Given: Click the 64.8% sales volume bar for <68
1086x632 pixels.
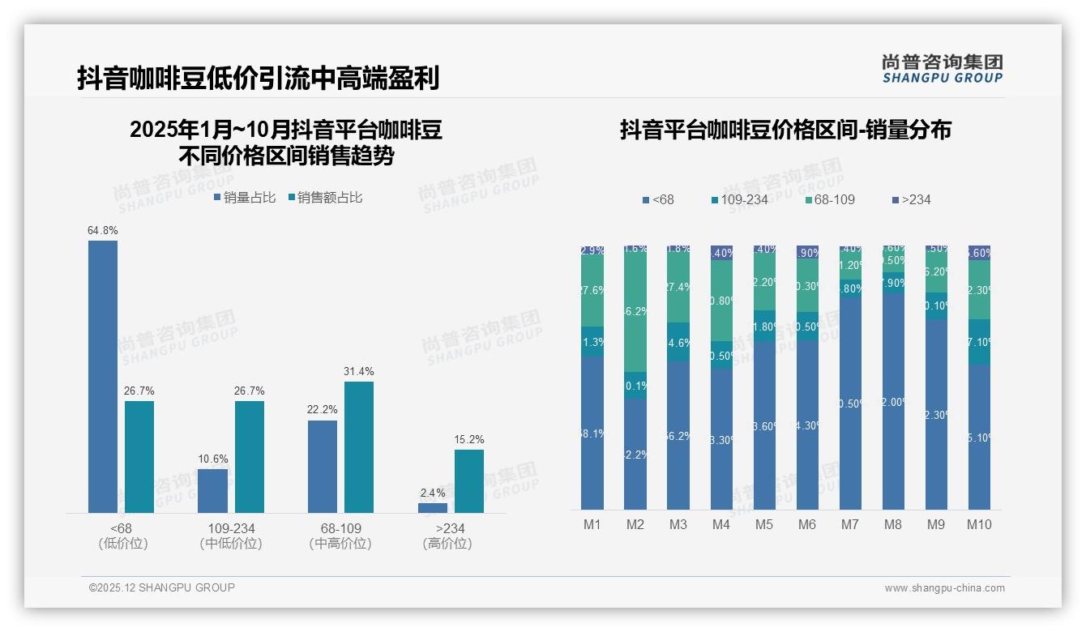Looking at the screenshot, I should pyautogui.click(x=103, y=377).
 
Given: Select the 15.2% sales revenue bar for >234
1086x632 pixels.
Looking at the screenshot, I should pyautogui.click(x=469, y=481).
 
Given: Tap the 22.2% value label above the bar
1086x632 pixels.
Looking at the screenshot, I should pyautogui.click(x=322, y=410).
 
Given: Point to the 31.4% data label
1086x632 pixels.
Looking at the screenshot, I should pyautogui.click(x=359, y=371).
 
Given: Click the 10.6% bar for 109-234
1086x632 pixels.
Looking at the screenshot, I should pyautogui.click(x=213, y=491).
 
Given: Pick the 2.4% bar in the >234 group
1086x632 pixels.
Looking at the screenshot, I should pyautogui.click(x=433, y=508).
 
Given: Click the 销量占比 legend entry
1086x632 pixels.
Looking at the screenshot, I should pyautogui.click(x=245, y=198).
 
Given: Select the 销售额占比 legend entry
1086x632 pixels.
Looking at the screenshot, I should pyautogui.click(x=325, y=198).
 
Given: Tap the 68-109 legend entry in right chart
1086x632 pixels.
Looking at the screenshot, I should pyautogui.click(x=831, y=199).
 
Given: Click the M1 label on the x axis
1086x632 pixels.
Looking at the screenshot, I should pyautogui.click(x=592, y=524).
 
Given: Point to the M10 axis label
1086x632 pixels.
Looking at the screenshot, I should pyautogui.click(x=979, y=524).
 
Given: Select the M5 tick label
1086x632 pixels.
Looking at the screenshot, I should pyautogui.click(x=764, y=524).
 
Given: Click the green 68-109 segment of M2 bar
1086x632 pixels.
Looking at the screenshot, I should pyautogui.click(x=635, y=312).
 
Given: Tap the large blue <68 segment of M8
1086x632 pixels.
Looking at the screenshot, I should pyautogui.click(x=893, y=401).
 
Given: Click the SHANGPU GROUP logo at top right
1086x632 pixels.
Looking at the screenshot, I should pyautogui.click(x=943, y=69).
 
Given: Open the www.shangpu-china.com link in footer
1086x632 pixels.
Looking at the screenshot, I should pyautogui.click(x=944, y=588).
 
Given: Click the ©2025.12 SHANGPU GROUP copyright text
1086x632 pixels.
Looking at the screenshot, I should pyautogui.click(x=162, y=587).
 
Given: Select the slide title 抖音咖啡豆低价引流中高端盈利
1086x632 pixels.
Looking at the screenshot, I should pyautogui.click(x=259, y=79).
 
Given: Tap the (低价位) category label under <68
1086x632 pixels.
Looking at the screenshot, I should pyautogui.click(x=122, y=544).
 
